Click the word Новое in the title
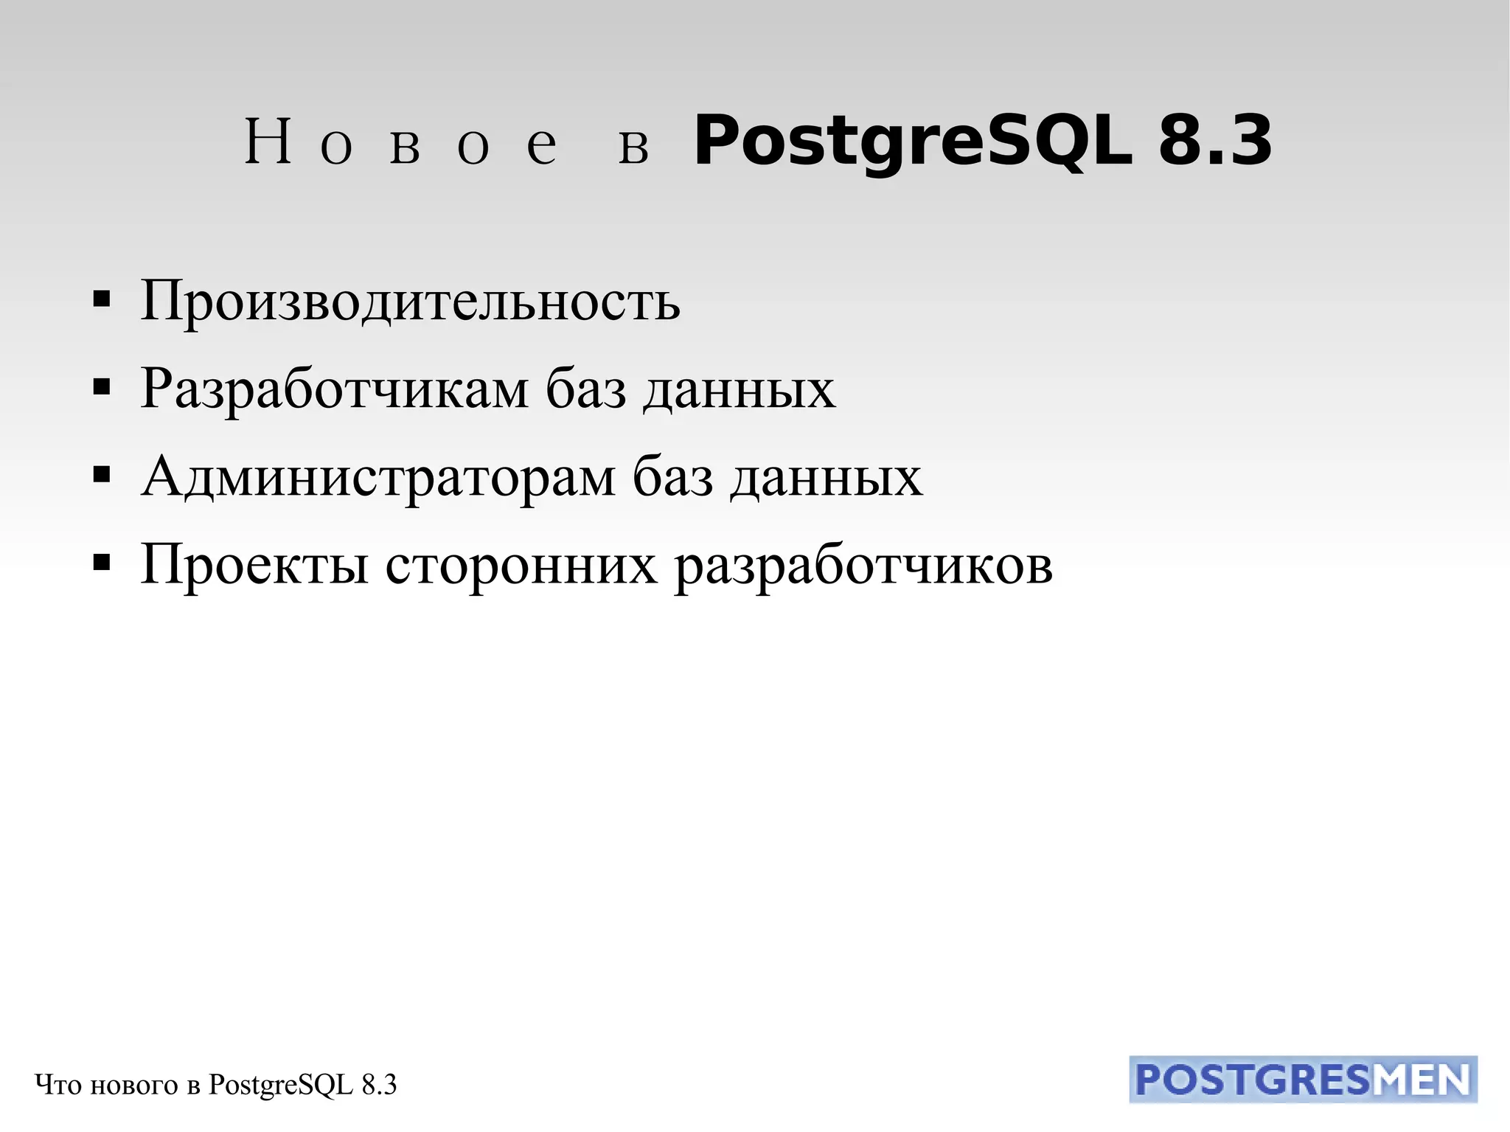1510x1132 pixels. tap(401, 142)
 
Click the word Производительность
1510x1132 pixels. tap(410, 302)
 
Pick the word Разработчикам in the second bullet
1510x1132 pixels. tap(334, 389)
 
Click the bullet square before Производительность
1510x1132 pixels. tap(102, 299)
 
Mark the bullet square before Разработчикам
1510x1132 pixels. tap(102, 387)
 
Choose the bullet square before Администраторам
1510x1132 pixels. tap(102, 476)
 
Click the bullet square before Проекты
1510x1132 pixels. tap(102, 563)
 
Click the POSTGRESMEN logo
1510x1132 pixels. tap(1303, 1080)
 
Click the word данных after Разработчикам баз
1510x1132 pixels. tap(740, 389)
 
